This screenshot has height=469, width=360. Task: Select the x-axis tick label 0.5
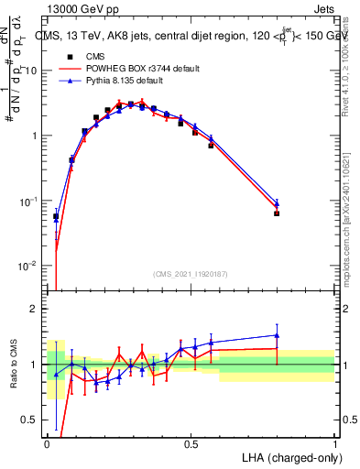[191, 443]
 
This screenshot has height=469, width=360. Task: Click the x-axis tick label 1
[334, 443]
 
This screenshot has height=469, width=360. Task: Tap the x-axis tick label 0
[48, 443]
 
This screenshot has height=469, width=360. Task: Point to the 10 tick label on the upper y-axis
[31, 71]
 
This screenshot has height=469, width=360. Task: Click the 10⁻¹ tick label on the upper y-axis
[28, 201]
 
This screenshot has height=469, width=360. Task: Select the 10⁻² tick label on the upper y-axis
[28, 266]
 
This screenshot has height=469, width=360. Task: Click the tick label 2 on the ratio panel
[35, 309]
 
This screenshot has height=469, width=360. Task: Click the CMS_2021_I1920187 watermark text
[191, 274]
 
